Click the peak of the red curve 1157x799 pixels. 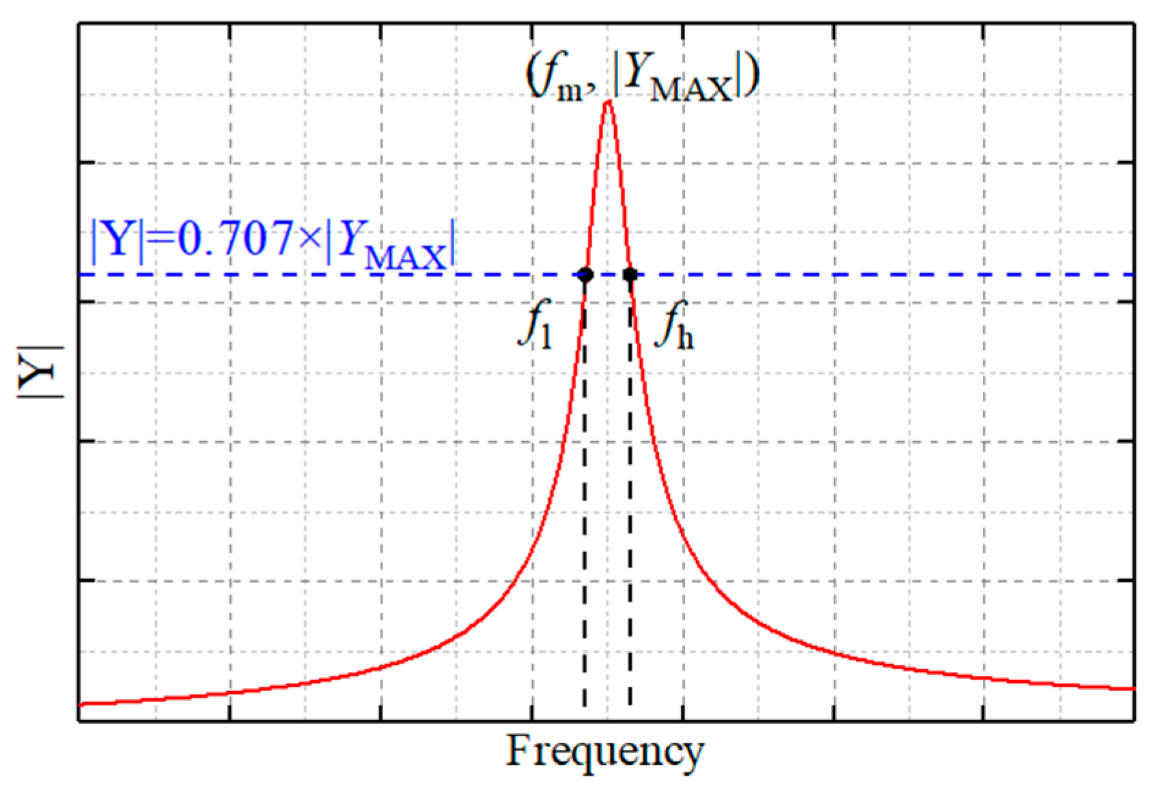pyautogui.click(x=608, y=103)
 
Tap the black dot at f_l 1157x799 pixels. pyautogui.click(x=585, y=275)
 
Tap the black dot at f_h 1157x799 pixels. pyautogui.click(x=630, y=275)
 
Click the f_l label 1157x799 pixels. pyautogui.click(x=537, y=326)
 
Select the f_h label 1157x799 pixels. pyautogui.click(x=675, y=326)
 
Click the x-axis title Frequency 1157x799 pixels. pyautogui.click(x=604, y=751)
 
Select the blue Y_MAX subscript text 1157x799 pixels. pyautogui.click(x=406, y=258)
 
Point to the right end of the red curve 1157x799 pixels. pyautogui.click(x=1132, y=688)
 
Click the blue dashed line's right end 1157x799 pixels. pyautogui.click(x=1130, y=275)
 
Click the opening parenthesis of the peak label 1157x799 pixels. pyautogui.click(x=531, y=77)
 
